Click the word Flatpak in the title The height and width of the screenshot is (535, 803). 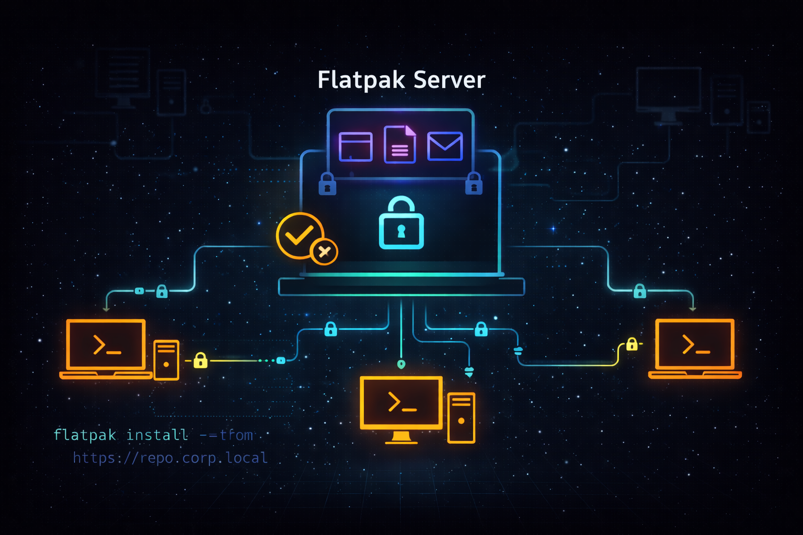pyautogui.click(x=361, y=80)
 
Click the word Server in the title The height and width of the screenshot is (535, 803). pyautogui.click(x=449, y=80)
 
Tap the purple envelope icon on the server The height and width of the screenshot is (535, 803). pyautogui.click(x=445, y=146)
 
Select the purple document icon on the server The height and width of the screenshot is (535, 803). pyautogui.click(x=400, y=145)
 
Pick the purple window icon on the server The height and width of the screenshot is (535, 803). pyautogui.click(x=355, y=147)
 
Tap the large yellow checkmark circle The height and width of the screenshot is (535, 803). pyautogui.click(x=300, y=235)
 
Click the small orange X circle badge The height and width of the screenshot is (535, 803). pyautogui.click(x=324, y=252)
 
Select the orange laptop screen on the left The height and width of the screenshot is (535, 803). pyautogui.click(x=106, y=345)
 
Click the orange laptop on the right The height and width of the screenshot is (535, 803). pyautogui.click(x=695, y=347)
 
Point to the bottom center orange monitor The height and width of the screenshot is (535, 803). pyautogui.click(x=401, y=402)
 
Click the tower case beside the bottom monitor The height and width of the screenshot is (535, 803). pyautogui.click(x=461, y=418)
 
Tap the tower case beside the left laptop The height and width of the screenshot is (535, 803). pyautogui.click(x=166, y=360)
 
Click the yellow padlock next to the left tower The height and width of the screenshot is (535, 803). pyautogui.click(x=201, y=360)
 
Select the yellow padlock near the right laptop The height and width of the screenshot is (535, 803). pyautogui.click(x=632, y=344)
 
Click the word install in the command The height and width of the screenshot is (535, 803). pyautogui.click(x=157, y=435)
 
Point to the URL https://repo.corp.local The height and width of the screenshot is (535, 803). pyautogui.click(x=170, y=458)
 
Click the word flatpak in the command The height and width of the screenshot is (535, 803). pyautogui.click(x=85, y=435)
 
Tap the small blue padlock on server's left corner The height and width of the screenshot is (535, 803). pyautogui.click(x=327, y=184)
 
